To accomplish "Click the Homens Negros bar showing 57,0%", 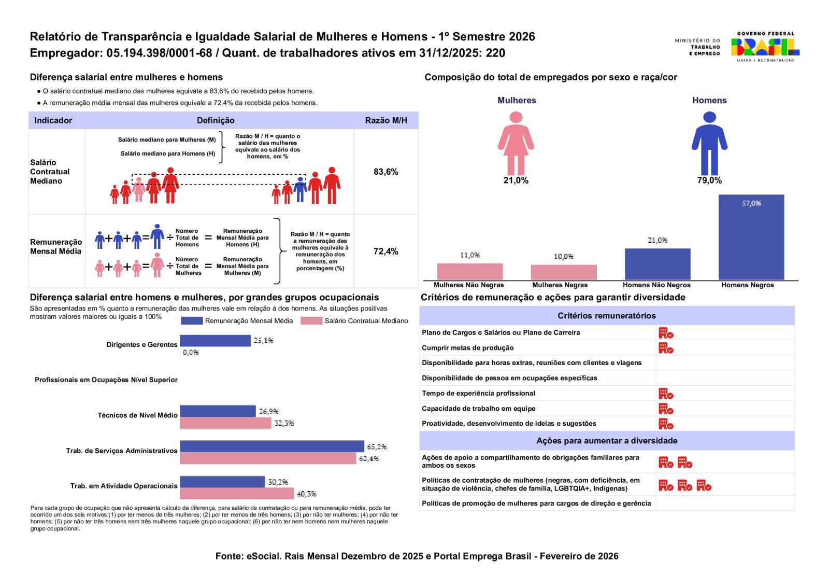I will [x=751, y=237].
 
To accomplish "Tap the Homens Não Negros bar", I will [x=657, y=264].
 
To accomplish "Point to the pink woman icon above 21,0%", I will [x=516, y=144].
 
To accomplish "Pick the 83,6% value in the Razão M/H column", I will [x=385, y=172].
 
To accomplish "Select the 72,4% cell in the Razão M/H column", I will [x=385, y=251].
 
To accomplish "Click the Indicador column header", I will [x=53, y=120].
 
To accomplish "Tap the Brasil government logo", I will [x=765, y=47].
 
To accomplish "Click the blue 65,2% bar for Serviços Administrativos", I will [x=271, y=446].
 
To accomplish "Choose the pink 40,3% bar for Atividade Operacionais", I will [x=237, y=494].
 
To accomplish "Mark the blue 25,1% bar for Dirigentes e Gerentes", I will [x=215, y=341].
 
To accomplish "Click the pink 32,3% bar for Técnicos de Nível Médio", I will [x=225, y=423].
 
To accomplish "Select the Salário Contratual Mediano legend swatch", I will [x=311, y=321].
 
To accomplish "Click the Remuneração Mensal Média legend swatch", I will [x=192, y=321].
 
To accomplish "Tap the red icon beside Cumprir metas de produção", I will [x=666, y=348].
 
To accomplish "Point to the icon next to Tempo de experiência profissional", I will [x=666, y=394].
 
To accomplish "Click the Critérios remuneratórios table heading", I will [x=606, y=316].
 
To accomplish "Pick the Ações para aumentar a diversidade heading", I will [x=606, y=441].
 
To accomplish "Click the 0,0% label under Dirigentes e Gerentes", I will [x=191, y=353].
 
